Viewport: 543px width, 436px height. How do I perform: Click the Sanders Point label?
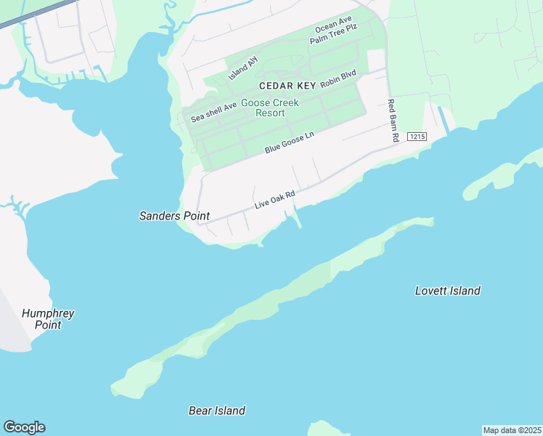click(174, 216)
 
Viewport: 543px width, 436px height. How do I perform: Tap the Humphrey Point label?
click(48, 319)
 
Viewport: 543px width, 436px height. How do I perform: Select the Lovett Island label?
click(447, 291)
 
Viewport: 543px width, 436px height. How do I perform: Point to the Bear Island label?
click(216, 411)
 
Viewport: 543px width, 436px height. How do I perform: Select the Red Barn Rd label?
click(393, 120)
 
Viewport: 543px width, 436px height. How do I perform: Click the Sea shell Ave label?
click(214, 111)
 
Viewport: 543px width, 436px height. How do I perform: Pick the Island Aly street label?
click(243, 68)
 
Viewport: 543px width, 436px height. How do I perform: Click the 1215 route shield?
click(416, 137)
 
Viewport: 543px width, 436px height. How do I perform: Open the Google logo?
click(24, 427)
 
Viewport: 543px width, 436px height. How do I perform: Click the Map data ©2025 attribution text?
click(512, 430)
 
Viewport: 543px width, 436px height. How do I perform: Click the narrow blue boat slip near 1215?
click(442, 120)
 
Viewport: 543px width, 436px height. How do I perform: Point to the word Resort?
click(269, 113)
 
